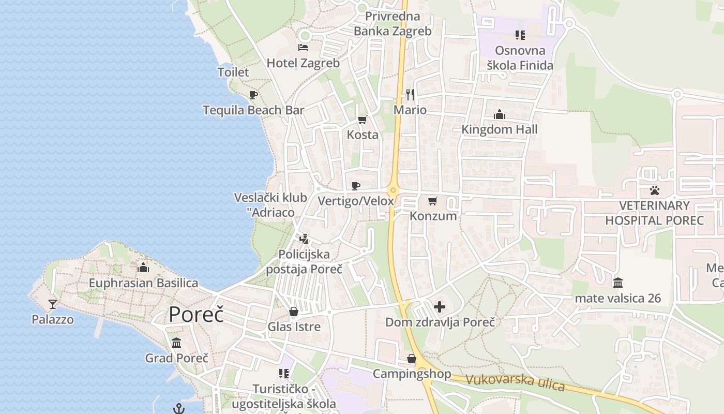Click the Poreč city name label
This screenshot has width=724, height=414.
click(x=196, y=314)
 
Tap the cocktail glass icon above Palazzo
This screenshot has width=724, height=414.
click(x=52, y=304)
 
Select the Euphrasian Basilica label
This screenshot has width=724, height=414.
click(x=143, y=283)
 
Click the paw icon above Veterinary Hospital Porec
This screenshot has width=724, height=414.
click(x=655, y=190)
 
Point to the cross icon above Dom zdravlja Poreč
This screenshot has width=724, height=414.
click(x=440, y=307)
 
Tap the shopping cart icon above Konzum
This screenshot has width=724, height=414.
click(x=433, y=201)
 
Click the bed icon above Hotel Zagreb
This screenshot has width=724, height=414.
click(x=303, y=48)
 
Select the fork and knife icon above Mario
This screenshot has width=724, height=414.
click(x=410, y=94)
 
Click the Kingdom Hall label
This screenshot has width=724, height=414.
click(x=499, y=129)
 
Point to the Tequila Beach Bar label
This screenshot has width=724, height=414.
click(x=253, y=110)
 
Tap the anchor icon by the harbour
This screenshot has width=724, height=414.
click(x=178, y=409)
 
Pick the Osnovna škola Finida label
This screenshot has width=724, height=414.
click(x=520, y=58)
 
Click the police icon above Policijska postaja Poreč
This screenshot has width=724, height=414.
click(x=304, y=239)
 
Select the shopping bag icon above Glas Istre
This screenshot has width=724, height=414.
click(x=294, y=312)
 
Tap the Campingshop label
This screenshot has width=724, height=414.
click(x=412, y=374)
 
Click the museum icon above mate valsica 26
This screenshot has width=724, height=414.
click(x=618, y=283)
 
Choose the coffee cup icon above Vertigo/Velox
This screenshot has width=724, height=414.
click(x=356, y=186)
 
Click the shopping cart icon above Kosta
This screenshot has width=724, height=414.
click(x=363, y=120)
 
